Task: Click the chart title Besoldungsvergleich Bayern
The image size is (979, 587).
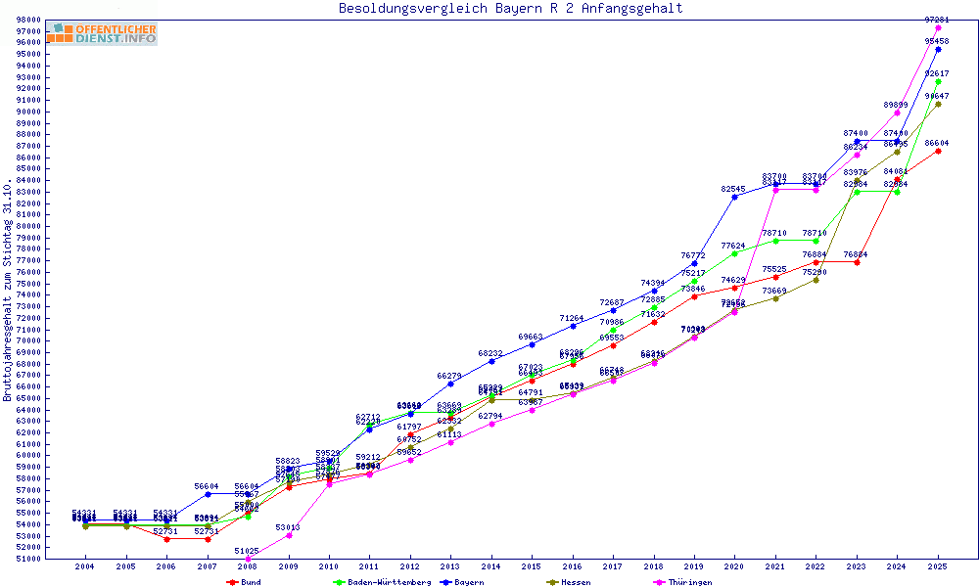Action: [x=510, y=9]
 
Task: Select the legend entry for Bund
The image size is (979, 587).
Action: [x=244, y=582]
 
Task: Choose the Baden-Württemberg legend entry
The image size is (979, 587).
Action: [x=382, y=582]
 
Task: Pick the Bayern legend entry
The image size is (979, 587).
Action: [x=460, y=582]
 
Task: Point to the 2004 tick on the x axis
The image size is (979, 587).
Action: [x=85, y=566]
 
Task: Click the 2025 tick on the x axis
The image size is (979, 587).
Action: [x=938, y=566]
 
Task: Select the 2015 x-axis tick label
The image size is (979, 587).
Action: [x=532, y=566]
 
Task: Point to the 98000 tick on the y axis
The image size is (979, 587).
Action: [x=55, y=20]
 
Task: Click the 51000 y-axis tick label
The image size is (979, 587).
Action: [x=55, y=559]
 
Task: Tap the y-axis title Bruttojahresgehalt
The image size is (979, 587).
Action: [x=9, y=290]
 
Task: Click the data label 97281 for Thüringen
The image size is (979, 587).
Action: [x=938, y=20]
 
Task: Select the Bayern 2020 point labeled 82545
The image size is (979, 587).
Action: [x=734, y=197]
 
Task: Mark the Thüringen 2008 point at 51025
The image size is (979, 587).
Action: [x=248, y=559]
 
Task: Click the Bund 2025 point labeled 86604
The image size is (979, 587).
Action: [x=938, y=151]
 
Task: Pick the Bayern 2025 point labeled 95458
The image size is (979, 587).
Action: [x=938, y=49]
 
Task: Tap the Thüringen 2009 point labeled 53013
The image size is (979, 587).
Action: [x=289, y=535]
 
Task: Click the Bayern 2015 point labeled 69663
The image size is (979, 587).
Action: [x=532, y=344]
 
